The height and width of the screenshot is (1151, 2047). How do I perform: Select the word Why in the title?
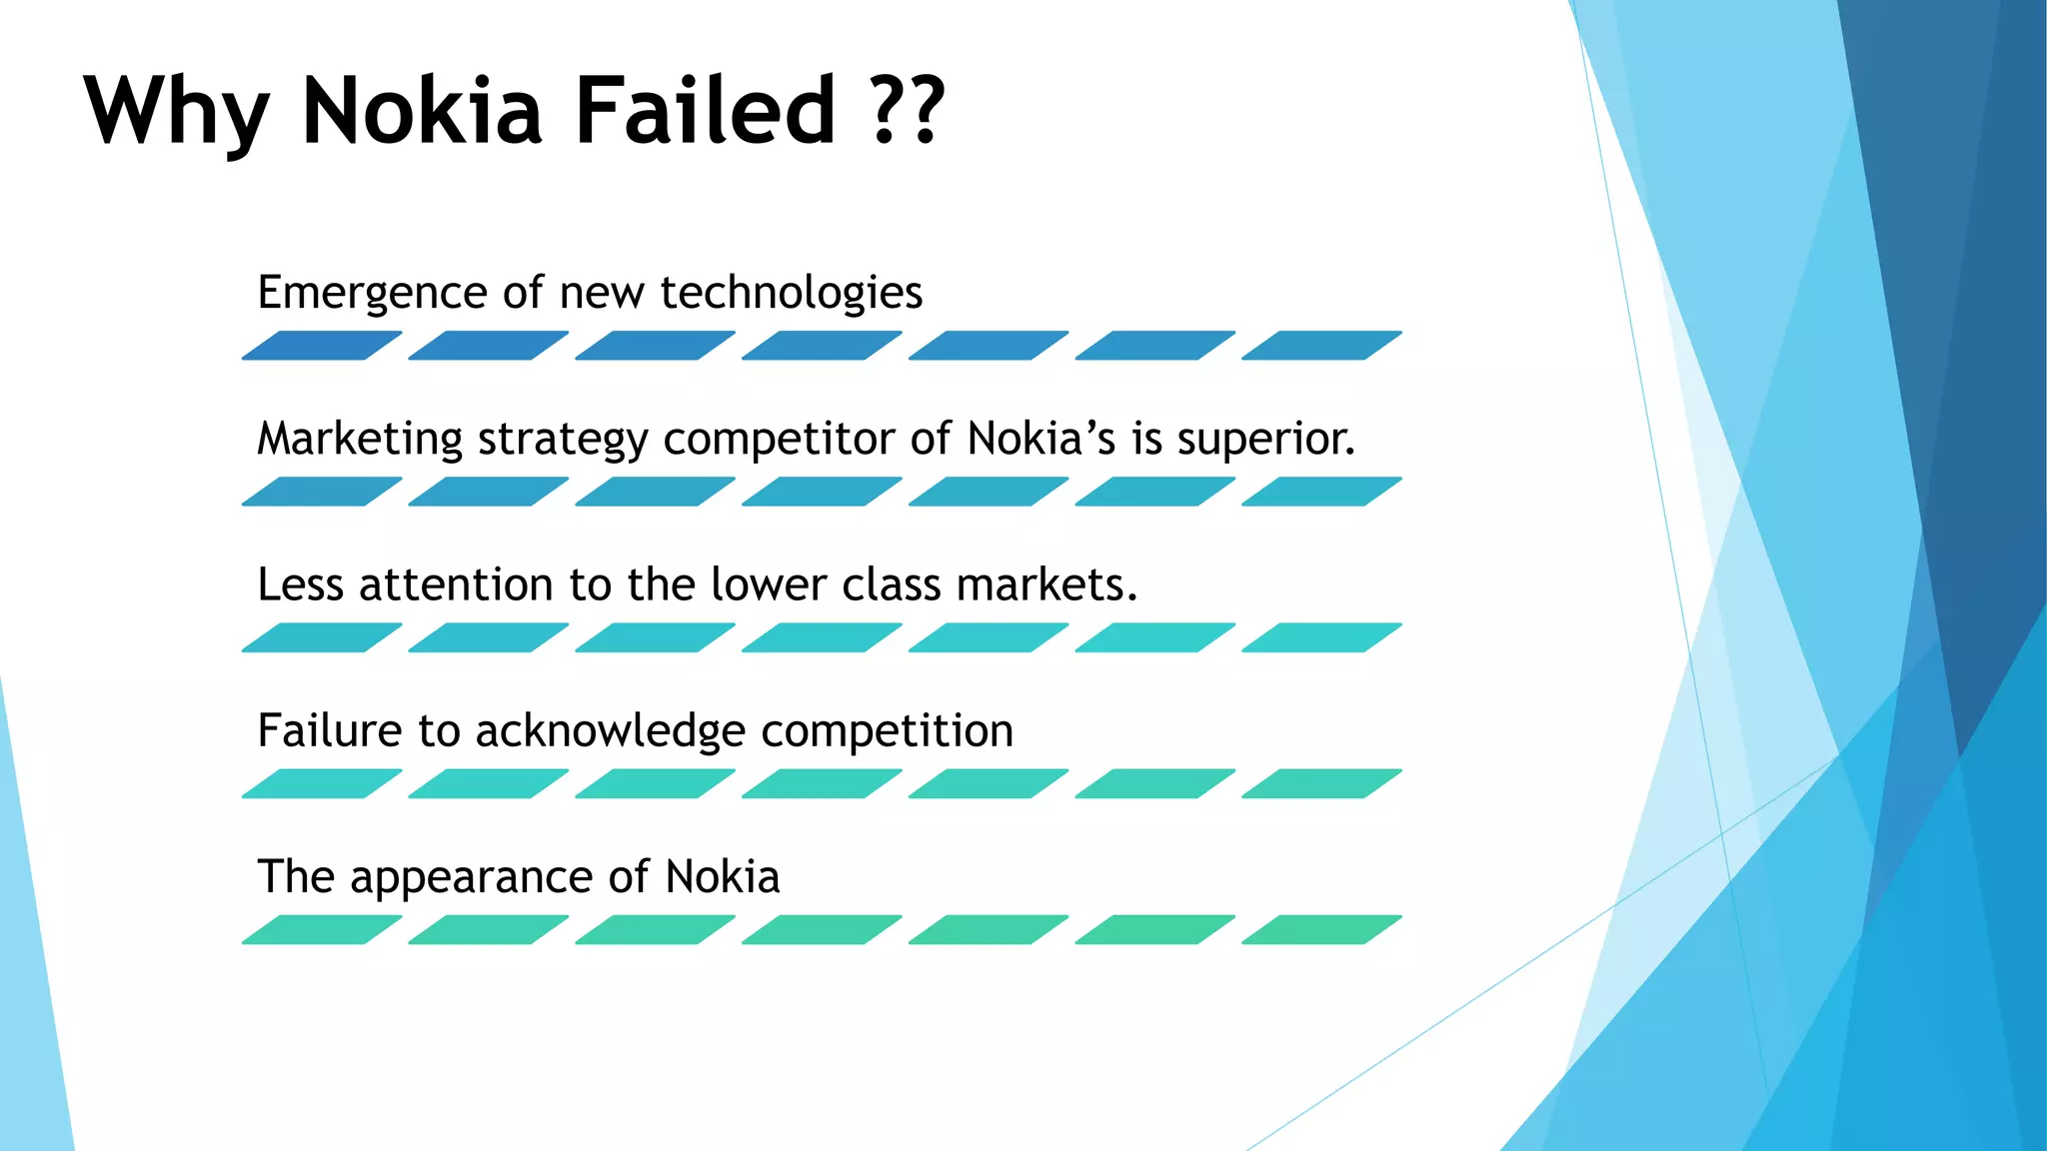click(x=177, y=112)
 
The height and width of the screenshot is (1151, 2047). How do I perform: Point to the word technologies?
click(x=791, y=294)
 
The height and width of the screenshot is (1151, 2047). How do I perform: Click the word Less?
click(x=300, y=585)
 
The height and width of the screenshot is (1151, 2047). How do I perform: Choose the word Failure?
click(x=330, y=731)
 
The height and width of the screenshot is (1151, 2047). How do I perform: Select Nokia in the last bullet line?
click(x=722, y=877)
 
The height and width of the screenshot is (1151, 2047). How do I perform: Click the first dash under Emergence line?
click(x=322, y=346)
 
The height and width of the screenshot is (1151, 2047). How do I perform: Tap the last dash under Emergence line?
click(x=1321, y=346)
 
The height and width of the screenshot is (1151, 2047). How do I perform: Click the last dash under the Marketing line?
click(x=1321, y=492)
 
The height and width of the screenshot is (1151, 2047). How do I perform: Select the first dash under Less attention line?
click(x=322, y=637)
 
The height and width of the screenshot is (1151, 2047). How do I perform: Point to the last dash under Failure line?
click(x=1321, y=783)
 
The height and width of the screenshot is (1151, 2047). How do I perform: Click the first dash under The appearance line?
click(x=322, y=929)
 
